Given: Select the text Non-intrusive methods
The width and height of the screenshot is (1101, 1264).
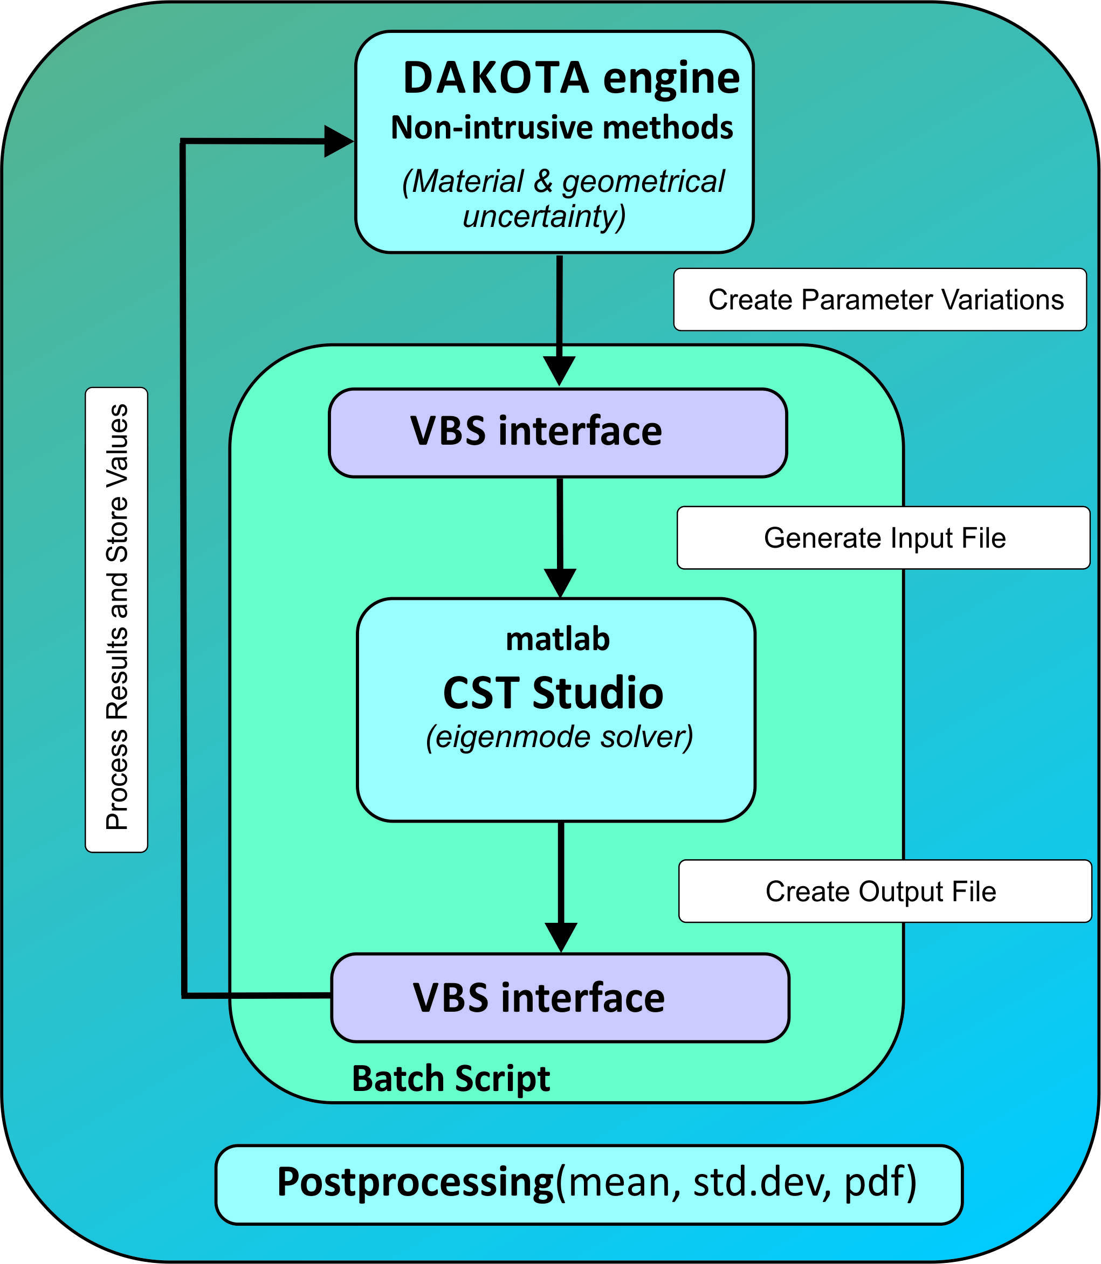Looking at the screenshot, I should (x=562, y=128).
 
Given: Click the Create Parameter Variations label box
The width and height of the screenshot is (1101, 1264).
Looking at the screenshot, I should (x=879, y=300).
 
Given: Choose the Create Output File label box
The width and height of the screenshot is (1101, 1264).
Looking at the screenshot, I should (x=885, y=891).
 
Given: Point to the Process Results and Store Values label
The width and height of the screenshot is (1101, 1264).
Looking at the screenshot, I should (x=117, y=619).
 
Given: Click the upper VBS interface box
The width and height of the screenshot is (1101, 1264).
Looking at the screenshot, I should (x=558, y=432).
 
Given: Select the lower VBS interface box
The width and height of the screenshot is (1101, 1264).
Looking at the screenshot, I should (x=560, y=997).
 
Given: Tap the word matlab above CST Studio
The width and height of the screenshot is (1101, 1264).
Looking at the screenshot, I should (x=558, y=639).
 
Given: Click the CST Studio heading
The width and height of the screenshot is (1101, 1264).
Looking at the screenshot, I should (x=553, y=693).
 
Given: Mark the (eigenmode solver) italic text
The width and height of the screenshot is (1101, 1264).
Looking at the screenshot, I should (x=559, y=737).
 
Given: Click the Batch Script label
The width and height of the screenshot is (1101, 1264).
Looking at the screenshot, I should (x=450, y=1079).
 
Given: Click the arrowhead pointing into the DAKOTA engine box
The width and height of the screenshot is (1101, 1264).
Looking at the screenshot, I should (x=338, y=141).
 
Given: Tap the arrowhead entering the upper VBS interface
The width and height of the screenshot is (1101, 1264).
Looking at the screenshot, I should (x=560, y=370).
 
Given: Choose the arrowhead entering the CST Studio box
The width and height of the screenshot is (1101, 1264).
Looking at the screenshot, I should (x=560, y=582).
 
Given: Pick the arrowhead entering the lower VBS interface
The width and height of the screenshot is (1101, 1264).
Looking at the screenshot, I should (x=561, y=937).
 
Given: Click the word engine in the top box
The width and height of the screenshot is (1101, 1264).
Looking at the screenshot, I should (x=671, y=79).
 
